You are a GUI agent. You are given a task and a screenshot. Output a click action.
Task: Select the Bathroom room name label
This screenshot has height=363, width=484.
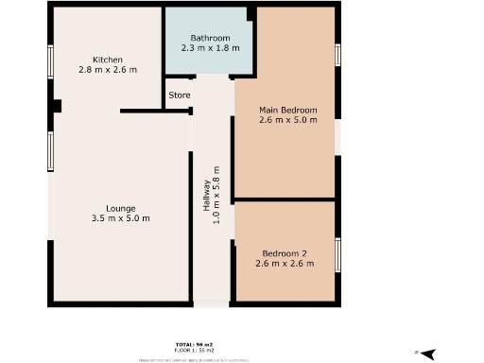[209, 38]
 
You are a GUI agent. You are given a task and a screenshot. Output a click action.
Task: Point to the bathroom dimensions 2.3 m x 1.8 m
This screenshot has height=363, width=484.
[209, 48]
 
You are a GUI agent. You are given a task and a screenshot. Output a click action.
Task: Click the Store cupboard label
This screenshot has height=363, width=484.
[180, 95]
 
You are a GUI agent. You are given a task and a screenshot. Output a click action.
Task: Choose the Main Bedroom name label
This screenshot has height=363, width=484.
[288, 110]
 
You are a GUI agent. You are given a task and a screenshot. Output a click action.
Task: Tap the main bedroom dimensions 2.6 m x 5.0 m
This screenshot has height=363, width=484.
[288, 120]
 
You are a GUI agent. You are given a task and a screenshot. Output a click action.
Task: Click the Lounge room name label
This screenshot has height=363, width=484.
[121, 208]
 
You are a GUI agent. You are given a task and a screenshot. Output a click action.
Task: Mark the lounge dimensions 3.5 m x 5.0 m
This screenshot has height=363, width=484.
[121, 218]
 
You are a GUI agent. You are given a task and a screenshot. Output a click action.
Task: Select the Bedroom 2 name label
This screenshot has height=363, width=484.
[285, 253]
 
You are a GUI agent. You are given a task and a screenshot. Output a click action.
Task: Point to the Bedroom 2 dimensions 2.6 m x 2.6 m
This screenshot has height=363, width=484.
[285, 264]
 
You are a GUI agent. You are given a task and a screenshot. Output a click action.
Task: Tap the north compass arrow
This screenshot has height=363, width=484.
[427, 353]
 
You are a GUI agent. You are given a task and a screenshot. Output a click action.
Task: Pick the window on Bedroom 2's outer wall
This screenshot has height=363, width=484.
[337, 253]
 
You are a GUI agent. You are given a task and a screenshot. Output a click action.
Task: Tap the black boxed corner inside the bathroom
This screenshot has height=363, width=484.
[251, 13]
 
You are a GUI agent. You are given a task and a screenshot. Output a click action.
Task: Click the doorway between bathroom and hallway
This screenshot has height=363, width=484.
[213, 77]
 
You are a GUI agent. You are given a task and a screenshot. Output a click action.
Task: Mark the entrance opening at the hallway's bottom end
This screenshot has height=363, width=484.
[212, 304]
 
